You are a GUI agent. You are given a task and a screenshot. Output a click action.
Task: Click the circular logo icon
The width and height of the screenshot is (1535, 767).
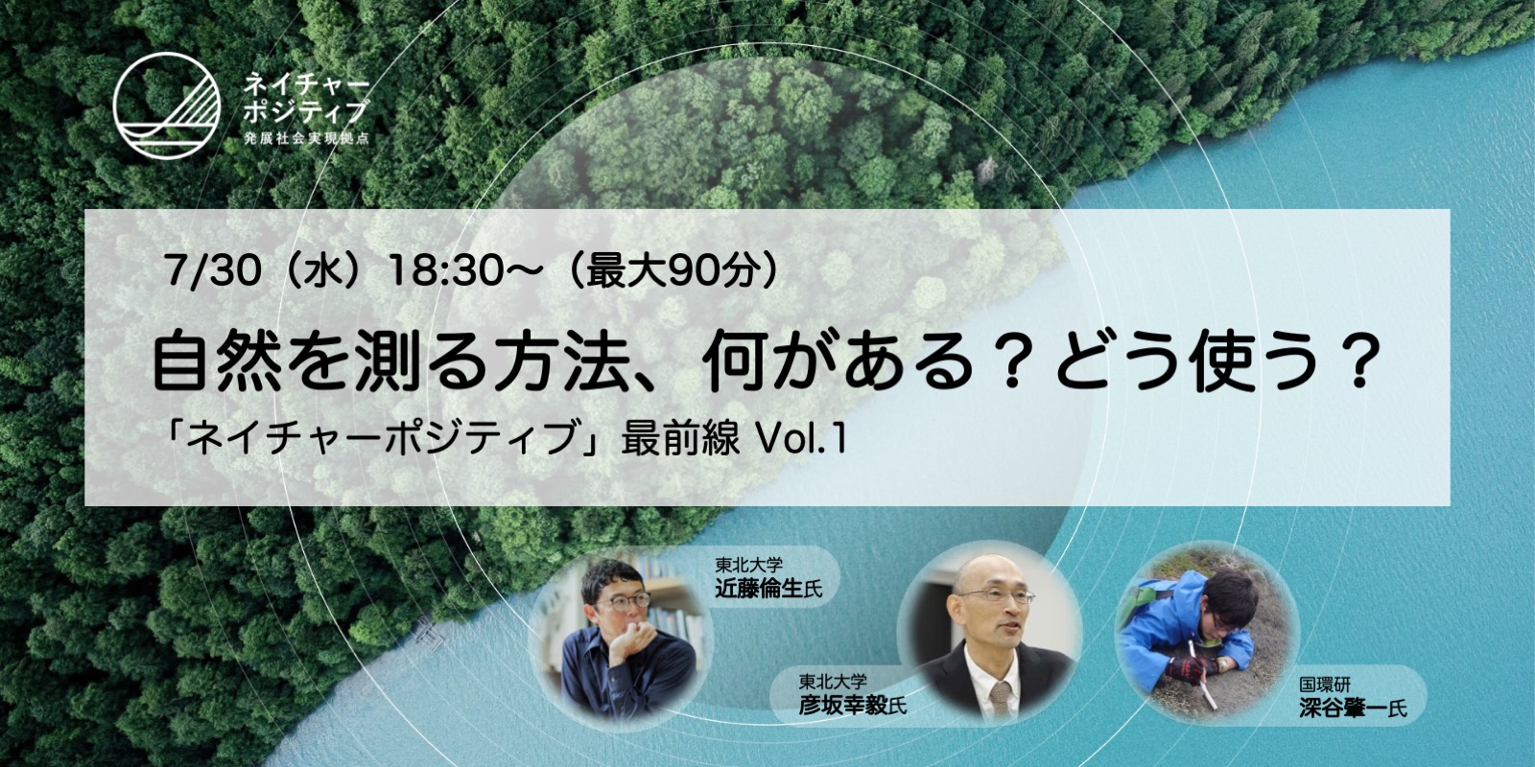click(x=167, y=106)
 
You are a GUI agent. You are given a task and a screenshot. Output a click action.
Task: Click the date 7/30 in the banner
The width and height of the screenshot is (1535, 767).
click(x=212, y=271)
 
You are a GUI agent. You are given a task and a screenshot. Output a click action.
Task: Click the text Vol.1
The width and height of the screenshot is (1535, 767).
click(x=800, y=440)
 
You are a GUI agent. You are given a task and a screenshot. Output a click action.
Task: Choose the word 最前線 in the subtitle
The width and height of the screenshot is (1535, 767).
click(x=680, y=440)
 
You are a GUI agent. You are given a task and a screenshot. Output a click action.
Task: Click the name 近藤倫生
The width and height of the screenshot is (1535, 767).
click(x=759, y=589)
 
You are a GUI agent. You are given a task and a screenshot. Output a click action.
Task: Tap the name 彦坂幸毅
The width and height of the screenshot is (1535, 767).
click(x=843, y=705)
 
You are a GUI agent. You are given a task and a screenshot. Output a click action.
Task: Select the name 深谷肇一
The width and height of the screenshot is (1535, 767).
click(x=1343, y=708)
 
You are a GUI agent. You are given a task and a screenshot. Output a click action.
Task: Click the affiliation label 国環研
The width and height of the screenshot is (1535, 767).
click(x=1325, y=685)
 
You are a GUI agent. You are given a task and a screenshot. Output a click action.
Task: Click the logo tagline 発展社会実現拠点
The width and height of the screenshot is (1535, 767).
click(x=306, y=138)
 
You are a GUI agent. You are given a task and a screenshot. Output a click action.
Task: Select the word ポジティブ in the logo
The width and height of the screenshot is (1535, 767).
click(x=306, y=111)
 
